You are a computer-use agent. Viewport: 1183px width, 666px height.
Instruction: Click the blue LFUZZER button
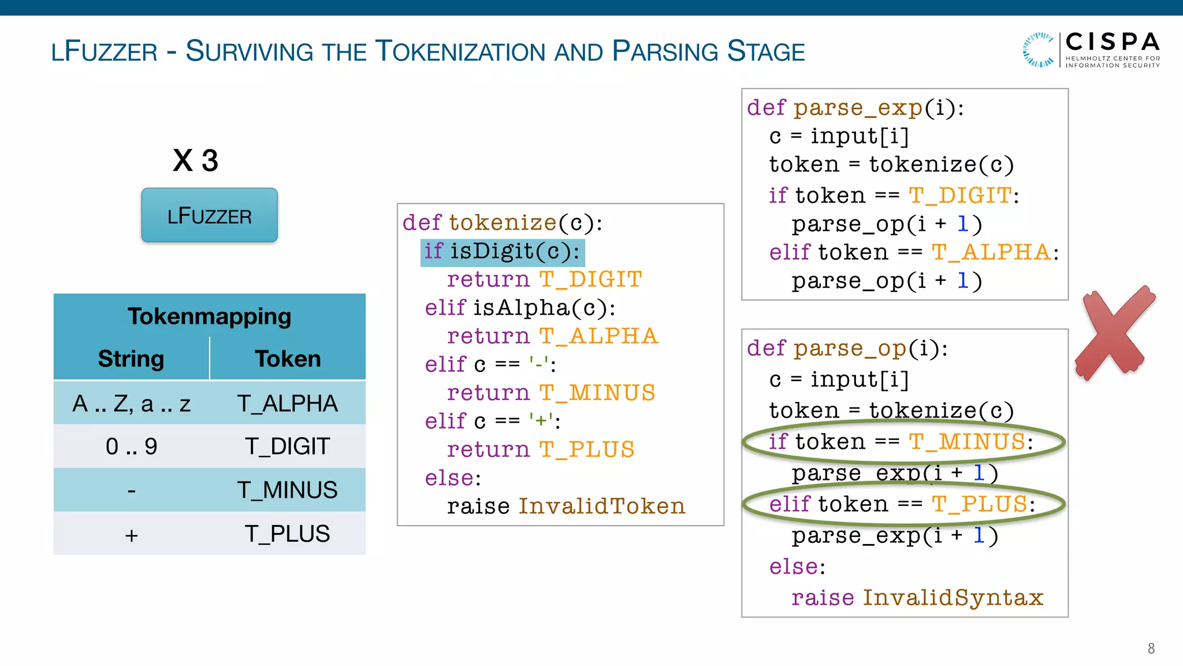209,216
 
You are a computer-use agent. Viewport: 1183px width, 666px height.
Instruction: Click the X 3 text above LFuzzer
195,160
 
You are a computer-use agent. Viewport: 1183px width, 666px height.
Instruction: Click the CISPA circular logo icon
1039,50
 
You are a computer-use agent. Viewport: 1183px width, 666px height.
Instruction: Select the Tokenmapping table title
209,316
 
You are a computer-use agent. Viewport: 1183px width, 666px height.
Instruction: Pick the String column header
131,359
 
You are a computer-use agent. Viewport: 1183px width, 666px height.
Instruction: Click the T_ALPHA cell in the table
287,403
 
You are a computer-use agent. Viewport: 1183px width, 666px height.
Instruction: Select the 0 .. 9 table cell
131,446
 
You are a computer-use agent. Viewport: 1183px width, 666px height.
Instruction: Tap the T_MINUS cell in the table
287,490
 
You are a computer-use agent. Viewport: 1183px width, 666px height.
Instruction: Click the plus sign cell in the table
131,535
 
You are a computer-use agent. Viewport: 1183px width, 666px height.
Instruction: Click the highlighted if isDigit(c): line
502,251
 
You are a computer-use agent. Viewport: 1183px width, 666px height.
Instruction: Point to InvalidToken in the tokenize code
601,506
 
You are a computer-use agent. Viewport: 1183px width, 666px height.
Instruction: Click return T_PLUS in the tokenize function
540,450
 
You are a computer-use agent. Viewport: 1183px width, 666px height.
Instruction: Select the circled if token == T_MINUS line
901,442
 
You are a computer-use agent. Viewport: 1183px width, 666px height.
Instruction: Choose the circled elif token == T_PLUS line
901,505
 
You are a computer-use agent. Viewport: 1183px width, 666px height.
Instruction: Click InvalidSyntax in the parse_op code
953,598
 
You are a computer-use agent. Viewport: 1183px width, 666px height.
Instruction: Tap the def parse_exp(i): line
855,108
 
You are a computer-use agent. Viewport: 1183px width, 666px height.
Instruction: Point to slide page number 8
1151,649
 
